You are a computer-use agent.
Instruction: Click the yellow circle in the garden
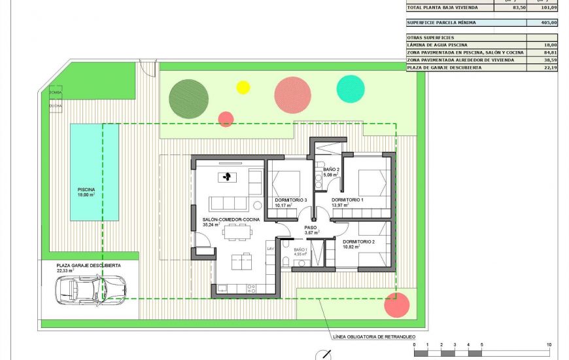(x=243, y=87)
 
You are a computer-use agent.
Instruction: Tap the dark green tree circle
(x=188, y=98)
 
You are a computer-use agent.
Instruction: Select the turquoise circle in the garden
(x=351, y=89)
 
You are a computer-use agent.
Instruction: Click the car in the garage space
(x=92, y=288)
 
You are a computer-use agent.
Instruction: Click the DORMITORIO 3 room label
(x=291, y=200)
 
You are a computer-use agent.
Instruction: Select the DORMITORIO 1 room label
(x=347, y=200)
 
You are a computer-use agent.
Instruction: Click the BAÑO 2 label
(x=331, y=170)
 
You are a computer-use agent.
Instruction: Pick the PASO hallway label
(x=311, y=227)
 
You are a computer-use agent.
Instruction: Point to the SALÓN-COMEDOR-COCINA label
(x=231, y=219)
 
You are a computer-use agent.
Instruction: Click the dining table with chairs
(x=236, y=231)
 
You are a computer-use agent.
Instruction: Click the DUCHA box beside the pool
(x=56, y=105)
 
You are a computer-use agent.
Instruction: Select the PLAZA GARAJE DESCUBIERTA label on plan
(x=88, y=265)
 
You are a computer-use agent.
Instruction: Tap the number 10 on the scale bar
(x=549, y=344)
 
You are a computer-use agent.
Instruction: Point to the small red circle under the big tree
(x=226, y=119)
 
